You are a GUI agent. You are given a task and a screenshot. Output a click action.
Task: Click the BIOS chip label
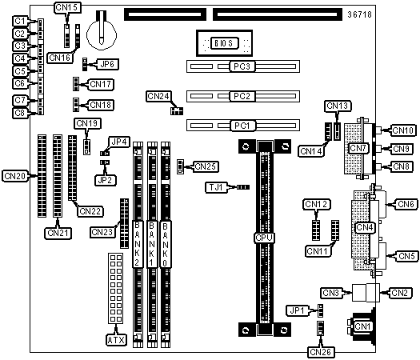[225, 43]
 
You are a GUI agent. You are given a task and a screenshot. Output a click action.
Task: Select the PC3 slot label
[242, 66]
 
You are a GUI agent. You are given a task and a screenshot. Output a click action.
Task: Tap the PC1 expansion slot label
[242, 126]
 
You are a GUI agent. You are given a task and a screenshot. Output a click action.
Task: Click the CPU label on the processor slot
[264, 238]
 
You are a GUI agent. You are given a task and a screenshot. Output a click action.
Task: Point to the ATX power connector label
[116, 340]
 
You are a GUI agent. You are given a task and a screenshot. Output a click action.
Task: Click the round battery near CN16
[102, 35]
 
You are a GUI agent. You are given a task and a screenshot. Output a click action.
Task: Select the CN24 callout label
[158, 96]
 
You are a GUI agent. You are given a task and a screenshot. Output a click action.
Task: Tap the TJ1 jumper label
[216, 187]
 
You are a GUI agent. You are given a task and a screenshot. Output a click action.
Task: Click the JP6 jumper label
[107, 64]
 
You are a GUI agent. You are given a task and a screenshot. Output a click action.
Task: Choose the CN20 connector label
[15, 176]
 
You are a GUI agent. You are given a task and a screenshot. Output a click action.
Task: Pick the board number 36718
[360, 14]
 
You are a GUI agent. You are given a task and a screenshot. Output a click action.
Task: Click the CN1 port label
[362, 326]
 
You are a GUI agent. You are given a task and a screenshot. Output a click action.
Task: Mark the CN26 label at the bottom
[321, 352]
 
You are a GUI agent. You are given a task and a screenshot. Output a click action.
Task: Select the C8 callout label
[20, 113]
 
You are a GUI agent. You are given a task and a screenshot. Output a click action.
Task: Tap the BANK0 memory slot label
[166, 244]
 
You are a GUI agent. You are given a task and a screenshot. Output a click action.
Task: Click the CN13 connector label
[338, 106]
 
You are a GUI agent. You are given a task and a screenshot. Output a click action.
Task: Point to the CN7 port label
[358, 148]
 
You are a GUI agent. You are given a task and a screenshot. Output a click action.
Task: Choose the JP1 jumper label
[298, 310]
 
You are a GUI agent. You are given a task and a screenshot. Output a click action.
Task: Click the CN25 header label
[206, 166]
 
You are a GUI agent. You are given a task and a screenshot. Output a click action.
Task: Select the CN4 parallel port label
[365, 227]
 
